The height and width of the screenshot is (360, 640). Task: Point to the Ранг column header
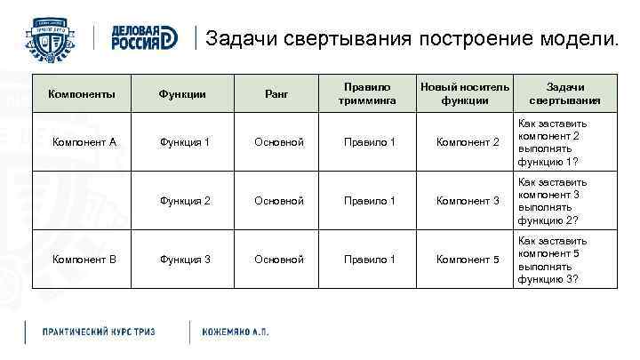[x=278, y=93]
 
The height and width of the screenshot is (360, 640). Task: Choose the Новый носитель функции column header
[x=465, y=93]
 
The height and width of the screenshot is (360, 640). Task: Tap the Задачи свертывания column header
[x=564, y=93]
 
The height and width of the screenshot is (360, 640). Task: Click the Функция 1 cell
[x=185, y=142]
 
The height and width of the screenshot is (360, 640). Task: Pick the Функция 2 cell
[x=185, y=201]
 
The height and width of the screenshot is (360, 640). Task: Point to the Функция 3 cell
[x=185, y=260]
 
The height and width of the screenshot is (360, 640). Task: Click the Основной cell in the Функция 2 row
[x=279, y=201]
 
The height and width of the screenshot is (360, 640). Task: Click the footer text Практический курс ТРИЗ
[x=100, y=332]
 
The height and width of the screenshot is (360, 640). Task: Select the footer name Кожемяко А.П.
[x=236, y=332]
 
